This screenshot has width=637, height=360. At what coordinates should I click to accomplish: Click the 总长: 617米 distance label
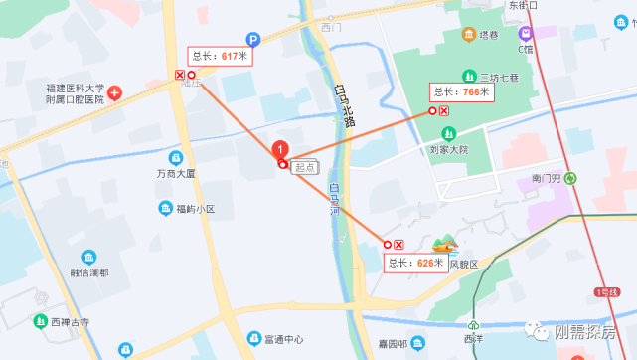tap(219, 56)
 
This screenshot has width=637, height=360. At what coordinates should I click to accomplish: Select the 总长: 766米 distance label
tap(461, 91)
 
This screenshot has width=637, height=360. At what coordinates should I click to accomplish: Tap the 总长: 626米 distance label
tap(413, 263)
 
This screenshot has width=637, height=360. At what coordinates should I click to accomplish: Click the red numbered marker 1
tap(280, 149)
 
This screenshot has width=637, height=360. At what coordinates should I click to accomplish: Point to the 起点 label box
tap(305, 167)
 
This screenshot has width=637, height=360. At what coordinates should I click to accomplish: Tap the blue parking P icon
tap(253, 40)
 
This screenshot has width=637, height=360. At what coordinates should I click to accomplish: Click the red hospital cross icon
tap(115, 93)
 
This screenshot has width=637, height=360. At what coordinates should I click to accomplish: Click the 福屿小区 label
tap(196, 208)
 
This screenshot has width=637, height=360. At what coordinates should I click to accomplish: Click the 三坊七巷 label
tap(501, 77)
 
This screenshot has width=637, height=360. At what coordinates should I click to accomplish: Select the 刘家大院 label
tap(441, 149)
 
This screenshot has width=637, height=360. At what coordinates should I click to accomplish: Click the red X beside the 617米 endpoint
tap(180, 75)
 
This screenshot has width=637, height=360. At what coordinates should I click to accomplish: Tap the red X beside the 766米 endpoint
tap(443, 110)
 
